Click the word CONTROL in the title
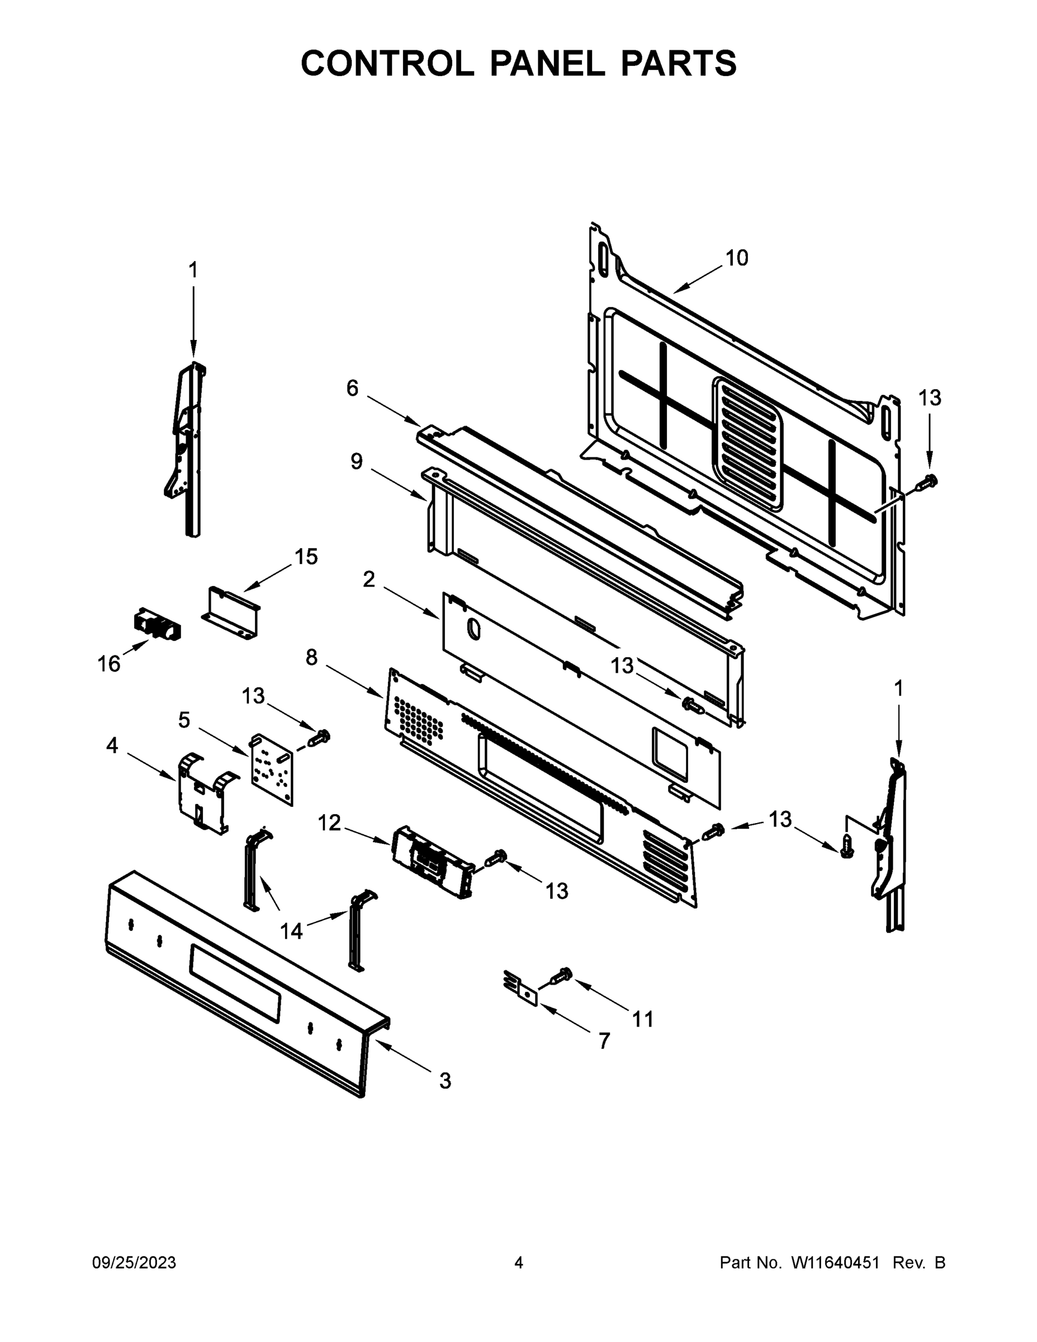tap(387, 63)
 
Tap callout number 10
tap(737, 258)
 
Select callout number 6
tap(352, 389)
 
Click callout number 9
tap(356, 461)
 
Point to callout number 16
tap(109, 664)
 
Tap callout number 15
tap(306, 557)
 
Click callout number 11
tap(642, 1019)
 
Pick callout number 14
tap(291, 931)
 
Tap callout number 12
tap(329, 823)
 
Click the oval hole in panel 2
tap(474, 630)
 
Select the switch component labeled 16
tap(157, 625)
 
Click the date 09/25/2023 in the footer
tap(134, 1262)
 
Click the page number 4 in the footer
tap(519, 1262)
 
